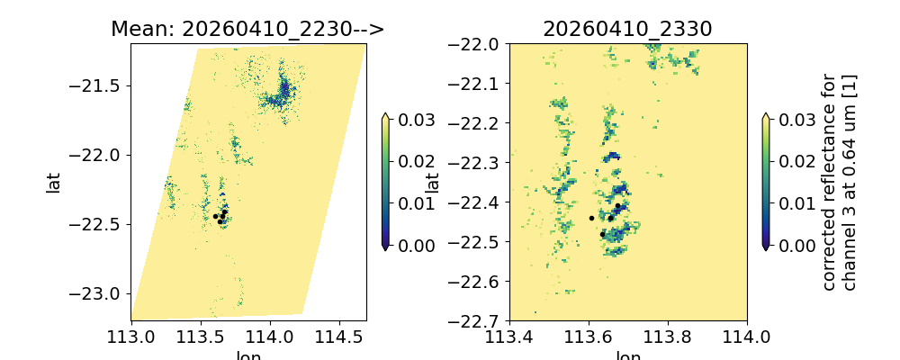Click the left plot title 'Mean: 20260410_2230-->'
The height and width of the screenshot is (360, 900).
click(x=247, y=29)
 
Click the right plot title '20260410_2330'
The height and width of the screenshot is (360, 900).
click(x=627, y=29)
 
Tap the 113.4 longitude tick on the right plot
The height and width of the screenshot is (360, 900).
click(x=509, y=337)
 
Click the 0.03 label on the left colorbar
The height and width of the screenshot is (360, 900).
click(x=415, y=120)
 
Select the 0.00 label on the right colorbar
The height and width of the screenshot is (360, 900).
click(x=795, y=245)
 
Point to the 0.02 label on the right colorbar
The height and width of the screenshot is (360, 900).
click(x=795, y=161)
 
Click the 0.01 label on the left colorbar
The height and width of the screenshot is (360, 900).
click(x=415, y=203)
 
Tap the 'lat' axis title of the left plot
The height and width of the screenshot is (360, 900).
click(x=54, y=182)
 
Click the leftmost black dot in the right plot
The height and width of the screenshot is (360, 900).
click(x=591, y=218)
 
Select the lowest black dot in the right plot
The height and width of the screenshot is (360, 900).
click(x=602, y=234)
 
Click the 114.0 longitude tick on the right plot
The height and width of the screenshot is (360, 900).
click(x=747, y=337)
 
